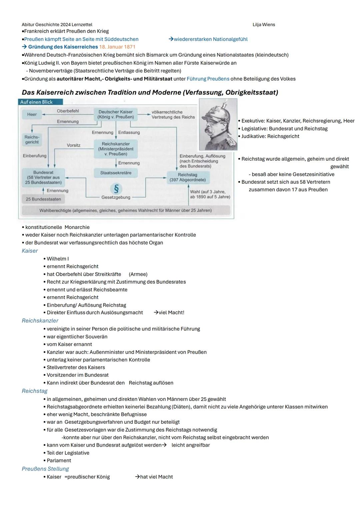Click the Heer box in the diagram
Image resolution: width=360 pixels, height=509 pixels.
[x=32, y=114]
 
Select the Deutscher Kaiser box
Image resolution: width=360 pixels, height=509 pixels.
[x=116, y=114]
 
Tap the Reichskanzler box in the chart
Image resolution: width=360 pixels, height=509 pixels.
[x=116, y=149]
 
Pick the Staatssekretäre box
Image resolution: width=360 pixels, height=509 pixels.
[x=116, y=173]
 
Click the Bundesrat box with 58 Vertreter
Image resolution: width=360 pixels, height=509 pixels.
[x=43, y=177]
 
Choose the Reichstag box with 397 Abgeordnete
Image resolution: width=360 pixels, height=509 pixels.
[x=188, y=177]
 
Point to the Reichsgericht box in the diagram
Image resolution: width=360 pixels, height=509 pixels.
[x=32, y=140]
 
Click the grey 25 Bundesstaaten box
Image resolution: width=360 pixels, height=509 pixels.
[x=43, y=199]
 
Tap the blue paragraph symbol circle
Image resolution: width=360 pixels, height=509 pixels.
[x=116, y=189]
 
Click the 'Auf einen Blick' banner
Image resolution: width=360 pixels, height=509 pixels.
[x=40, y=102]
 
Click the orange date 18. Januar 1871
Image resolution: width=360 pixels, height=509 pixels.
[x=117, y=47]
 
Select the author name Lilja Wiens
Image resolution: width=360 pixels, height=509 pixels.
[x=264, y=25]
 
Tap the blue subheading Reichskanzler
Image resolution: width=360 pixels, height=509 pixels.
[x=40, y=321]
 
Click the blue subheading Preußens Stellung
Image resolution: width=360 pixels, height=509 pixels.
[x=45, y=469]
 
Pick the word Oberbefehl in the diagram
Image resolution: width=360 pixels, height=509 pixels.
[x=68, y=111]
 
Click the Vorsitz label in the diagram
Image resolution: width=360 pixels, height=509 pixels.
[x=73, y=145]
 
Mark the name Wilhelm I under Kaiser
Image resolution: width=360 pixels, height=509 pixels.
[x=58, y=259]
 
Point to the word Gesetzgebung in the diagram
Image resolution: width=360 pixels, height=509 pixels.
[x=116, y=197]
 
